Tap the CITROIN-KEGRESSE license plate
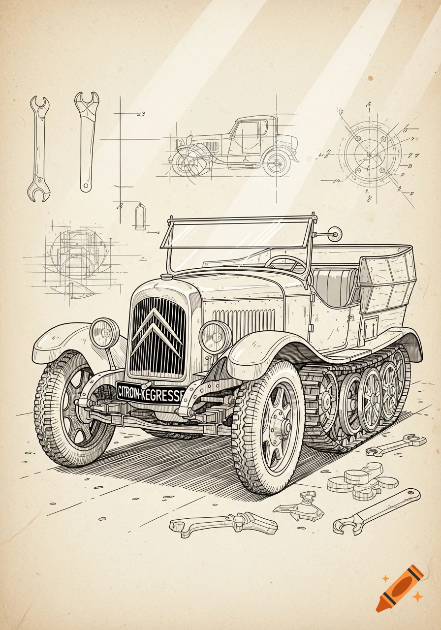point(151,392)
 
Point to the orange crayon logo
point(399,588)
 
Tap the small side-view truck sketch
point(235,147)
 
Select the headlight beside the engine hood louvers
point(215,337)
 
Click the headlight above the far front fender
point(104,333)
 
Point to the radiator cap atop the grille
point(166,277)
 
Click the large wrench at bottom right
point(377,511)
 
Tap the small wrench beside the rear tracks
point(396,444)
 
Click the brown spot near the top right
point(370,78)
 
